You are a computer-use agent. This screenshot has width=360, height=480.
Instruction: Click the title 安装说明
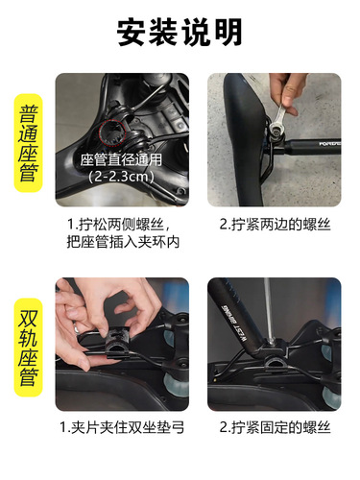pyautogui.click(x=180, y=33)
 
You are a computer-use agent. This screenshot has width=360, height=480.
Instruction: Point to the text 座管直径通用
pyautogui.click(x=121, y=159)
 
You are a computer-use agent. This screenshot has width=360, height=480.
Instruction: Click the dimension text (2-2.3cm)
pyautogui.click(x=121, y=178)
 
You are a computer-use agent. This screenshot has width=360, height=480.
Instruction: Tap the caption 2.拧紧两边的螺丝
pyautogui.click(x=274, y=225)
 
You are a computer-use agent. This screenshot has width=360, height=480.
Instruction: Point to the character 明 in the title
pyautogui.click(x=228, y=33)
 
